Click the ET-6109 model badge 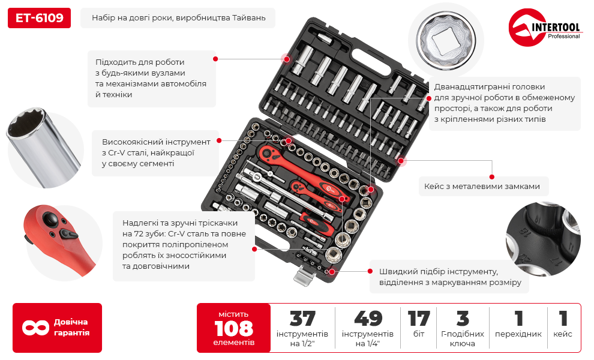pos(39,18)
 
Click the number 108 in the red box pos(233,328)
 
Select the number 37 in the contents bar pos(302,318)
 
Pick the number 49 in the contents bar pos(367,318)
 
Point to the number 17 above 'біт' pos(419,318)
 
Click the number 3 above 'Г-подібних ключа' pos(462,318)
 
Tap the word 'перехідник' pos(518,334)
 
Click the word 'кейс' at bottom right pos(563,334)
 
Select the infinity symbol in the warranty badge pos(35,328)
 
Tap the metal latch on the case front pos(304,277)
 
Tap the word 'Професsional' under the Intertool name pos(563,37)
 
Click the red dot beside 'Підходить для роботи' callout pos(215,59)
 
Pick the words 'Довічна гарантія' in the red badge pos(71,328)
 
